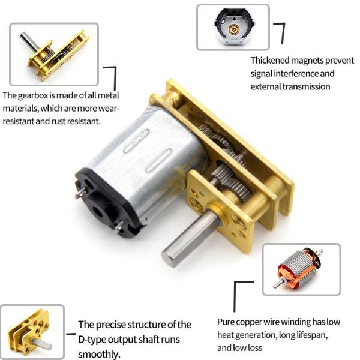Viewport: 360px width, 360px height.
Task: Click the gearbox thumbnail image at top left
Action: [x=54, y=54]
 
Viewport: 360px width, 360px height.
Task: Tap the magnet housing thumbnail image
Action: [x=233, y=27]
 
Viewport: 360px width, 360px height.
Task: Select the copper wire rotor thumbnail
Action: [x=301, y=269]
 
